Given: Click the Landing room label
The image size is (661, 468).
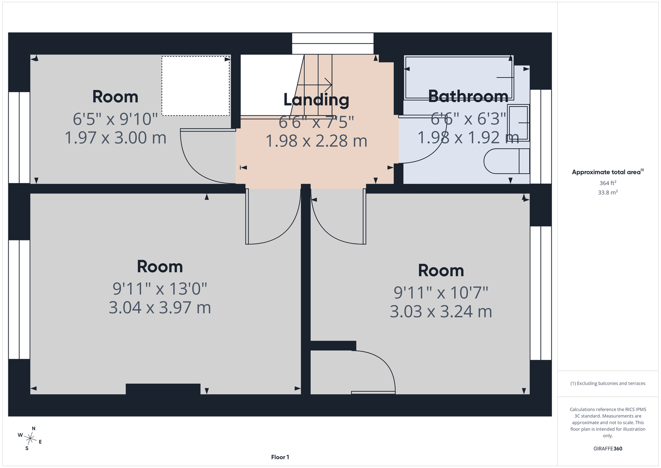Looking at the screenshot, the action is [316, 100].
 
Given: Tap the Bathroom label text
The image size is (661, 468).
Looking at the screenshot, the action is [468, 96].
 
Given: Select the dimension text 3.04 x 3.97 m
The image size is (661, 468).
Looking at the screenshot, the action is [160, 307].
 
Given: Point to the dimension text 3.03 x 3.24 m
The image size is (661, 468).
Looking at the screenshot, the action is [441, 312].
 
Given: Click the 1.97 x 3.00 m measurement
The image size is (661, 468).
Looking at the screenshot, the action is [116, 138].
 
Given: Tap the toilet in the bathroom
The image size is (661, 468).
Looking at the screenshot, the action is [507, 161].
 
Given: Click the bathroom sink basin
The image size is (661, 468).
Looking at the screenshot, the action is [518, 123].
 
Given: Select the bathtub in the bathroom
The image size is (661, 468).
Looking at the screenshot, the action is [459, 77].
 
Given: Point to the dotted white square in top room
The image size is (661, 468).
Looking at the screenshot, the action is [196, 86].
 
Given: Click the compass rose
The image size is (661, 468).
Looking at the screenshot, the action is [30, 439].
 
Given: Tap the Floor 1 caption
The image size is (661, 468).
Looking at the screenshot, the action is [280, 457].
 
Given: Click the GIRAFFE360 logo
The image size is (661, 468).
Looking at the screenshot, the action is [608, 448].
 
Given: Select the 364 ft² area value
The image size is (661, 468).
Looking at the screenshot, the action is [608, 183].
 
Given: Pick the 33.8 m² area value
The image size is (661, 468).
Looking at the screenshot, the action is [608, 192].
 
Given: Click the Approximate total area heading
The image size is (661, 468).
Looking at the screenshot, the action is [608, 172].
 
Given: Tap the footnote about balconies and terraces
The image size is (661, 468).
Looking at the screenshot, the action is [608, 383].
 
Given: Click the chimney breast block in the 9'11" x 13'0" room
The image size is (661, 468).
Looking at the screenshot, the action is [163, 389].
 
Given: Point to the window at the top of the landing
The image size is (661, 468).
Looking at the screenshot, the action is [333, 44].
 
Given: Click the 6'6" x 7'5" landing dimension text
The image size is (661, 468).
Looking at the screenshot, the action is [316, 122].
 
